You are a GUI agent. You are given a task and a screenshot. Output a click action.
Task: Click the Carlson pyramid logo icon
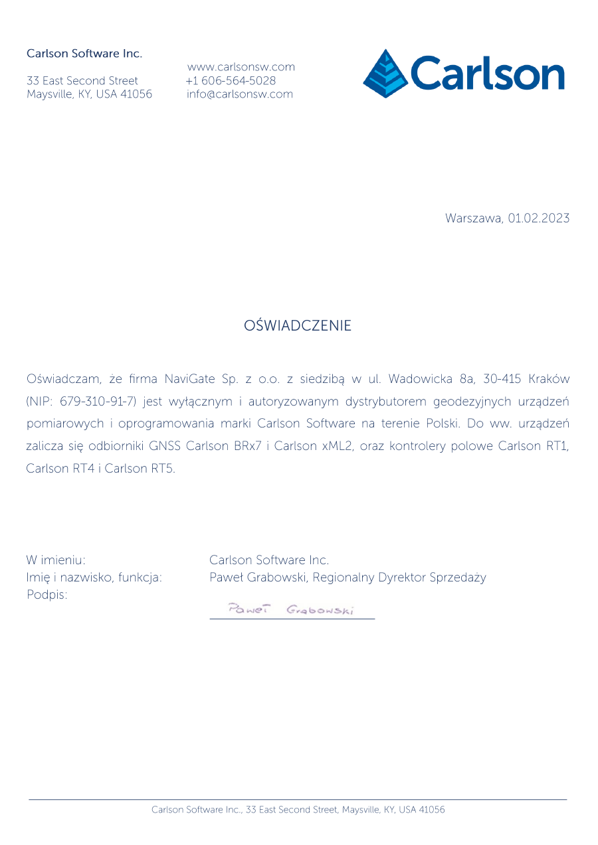pyautogui.click(x=386, y=73)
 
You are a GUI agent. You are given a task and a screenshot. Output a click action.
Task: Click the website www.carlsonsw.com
pyautogui.click(x=241, y=67)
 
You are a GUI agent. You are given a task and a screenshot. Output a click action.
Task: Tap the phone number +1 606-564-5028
pyautogui.click(x=231, y=80)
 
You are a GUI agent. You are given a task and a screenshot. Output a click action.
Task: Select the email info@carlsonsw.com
pyautogui.click(x=240, y=94)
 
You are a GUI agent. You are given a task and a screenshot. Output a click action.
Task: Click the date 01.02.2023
pyautogui.click(x=539, y=218)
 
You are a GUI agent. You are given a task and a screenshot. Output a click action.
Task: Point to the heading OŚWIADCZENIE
pyautogui.click(x=298, y=326)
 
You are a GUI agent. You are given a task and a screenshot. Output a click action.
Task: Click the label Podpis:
pyautogui.click(x=47, y=595)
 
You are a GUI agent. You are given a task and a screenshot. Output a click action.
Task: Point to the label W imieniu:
pyautogui.click(x=56, y=560)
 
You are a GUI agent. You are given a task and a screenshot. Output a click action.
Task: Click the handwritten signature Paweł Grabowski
pyautogui.click(x=290, y=609)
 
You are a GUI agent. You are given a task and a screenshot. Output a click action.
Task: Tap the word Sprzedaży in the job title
pyautogui.click(x=458, y=577)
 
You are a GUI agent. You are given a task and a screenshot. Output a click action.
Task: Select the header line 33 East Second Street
pyautogui.click(x=82, y=80)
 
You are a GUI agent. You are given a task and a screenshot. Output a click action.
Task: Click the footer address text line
pyautogui.click(x=298, y=810)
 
